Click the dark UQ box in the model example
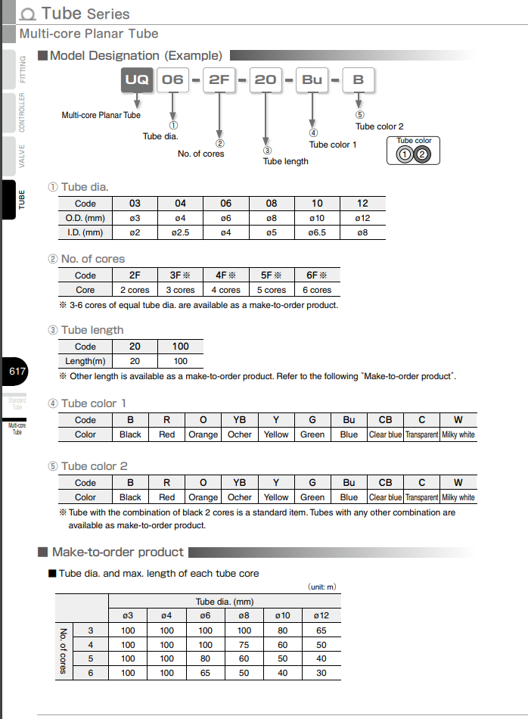(137, 79)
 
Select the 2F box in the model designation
(219, 79)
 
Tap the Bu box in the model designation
(312, 79)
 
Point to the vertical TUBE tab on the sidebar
(20, 200)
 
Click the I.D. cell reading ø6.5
(317, 232)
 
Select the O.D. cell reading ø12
(362, 218)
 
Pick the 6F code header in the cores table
(317, 275)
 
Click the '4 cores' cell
(225, 290)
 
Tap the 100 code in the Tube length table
(180, 347)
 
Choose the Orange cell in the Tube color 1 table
(203, 434)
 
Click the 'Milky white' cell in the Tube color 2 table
(458, 497)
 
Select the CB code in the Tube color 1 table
(385, 419)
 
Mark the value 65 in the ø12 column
(321, 630)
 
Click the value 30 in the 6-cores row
(321, 673)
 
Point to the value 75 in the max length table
(244, 645)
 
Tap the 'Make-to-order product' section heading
(117, 552)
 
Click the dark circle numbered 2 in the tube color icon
(423, 154)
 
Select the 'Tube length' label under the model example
(285, 161)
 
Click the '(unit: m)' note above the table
(321, 587)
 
